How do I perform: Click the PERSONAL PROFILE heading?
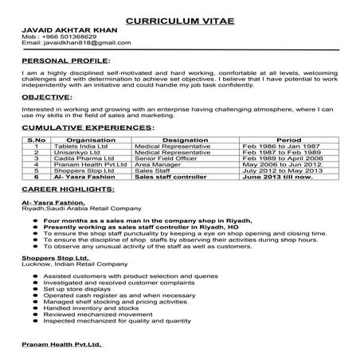point(64,60)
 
